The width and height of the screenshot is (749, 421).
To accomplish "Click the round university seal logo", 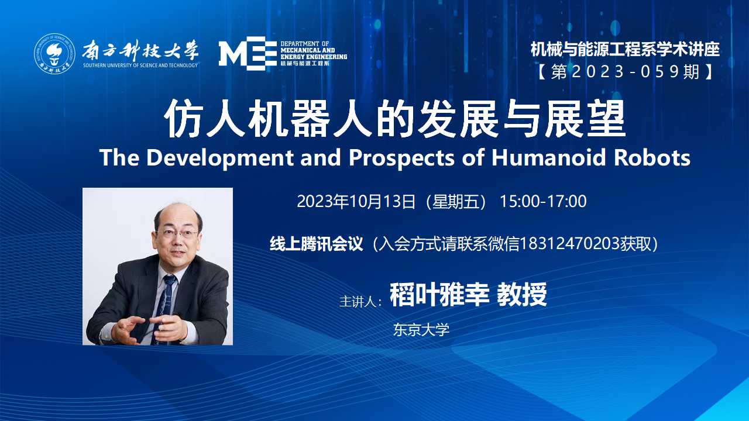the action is pos(54,53).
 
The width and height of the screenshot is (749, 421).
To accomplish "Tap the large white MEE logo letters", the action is pos(248,53).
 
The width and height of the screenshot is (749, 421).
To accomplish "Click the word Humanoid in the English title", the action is pos(548,157).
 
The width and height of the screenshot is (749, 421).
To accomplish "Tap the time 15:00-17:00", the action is pos(543,202).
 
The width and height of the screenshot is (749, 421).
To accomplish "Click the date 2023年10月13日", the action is pos(356,202).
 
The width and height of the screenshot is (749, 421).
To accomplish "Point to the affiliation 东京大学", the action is pos(421,330).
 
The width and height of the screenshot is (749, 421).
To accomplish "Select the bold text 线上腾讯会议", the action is pos(317,244).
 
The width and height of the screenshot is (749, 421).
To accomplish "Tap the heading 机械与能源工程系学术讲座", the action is pos(625,50).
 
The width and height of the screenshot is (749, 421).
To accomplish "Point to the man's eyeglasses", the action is pos(177,233).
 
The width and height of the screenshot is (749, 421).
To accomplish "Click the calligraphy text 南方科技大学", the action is pos(140,51).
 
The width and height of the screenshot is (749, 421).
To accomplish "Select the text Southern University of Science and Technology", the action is pos(140,65).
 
